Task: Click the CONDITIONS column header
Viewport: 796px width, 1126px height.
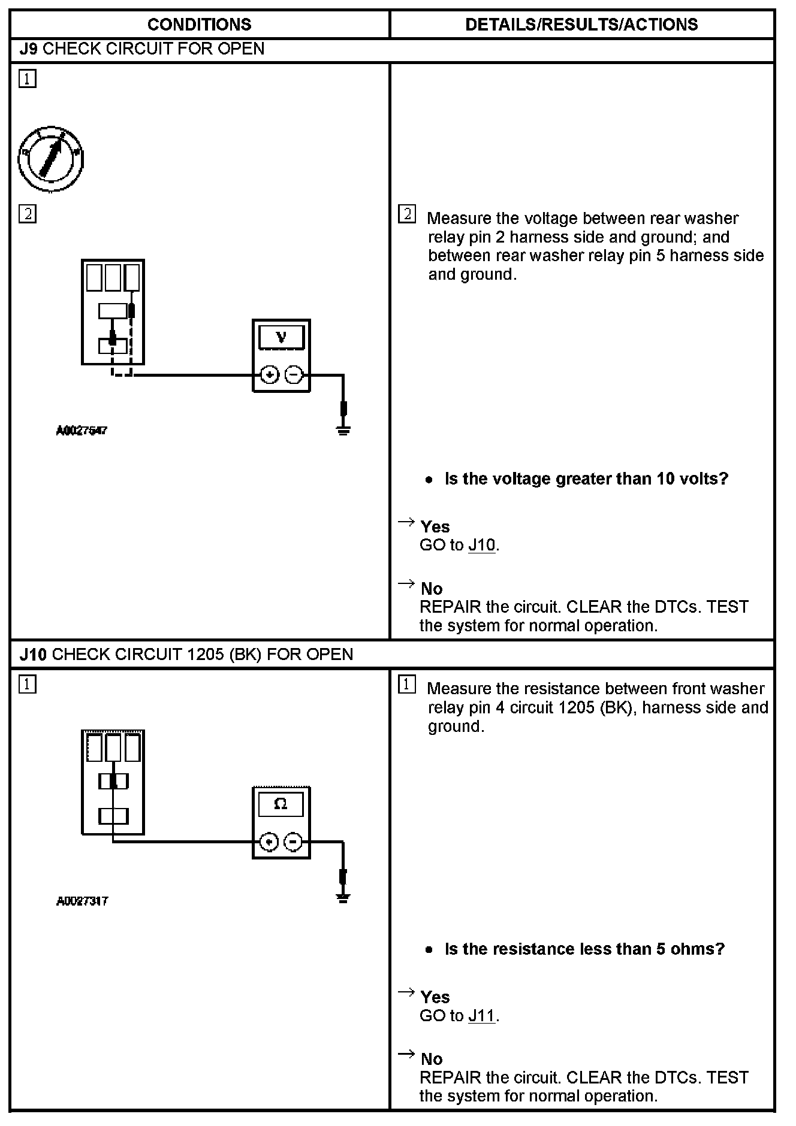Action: click(199, 25)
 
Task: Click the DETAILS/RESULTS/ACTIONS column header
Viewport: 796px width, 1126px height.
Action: click(581, 25)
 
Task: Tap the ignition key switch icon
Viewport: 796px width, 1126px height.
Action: click(50, 159)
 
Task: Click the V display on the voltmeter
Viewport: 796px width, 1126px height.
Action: click(281, 338)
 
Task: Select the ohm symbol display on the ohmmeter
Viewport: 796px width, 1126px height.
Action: click(281, 804)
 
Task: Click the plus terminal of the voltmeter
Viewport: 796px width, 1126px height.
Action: click(270, 375)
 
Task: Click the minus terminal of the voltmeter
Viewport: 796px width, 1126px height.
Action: click(294, 375)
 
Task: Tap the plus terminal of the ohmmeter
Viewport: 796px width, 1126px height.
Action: click(270, 842)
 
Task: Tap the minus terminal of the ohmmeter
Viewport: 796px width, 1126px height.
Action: click(293, 842)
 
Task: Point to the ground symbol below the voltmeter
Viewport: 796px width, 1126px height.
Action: click(343, 429)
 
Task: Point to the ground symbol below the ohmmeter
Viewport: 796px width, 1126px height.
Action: click(343, 897)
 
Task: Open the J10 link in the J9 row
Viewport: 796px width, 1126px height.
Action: click(481, 545)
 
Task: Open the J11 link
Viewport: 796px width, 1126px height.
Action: click(481, 1015)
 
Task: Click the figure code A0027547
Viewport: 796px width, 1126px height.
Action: click(82, 430)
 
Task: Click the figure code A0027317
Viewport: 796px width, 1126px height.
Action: click(82, 901)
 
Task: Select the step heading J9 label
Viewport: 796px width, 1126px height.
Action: click(29, 49)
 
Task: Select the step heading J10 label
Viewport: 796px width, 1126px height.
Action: click(33, 654)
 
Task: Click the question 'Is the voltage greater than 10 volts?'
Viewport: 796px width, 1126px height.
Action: click(586, 479)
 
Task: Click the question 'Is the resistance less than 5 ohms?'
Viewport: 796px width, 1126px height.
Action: click(584, 949)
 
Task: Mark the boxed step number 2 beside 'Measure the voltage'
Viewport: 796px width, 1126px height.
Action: click(407, 214)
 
